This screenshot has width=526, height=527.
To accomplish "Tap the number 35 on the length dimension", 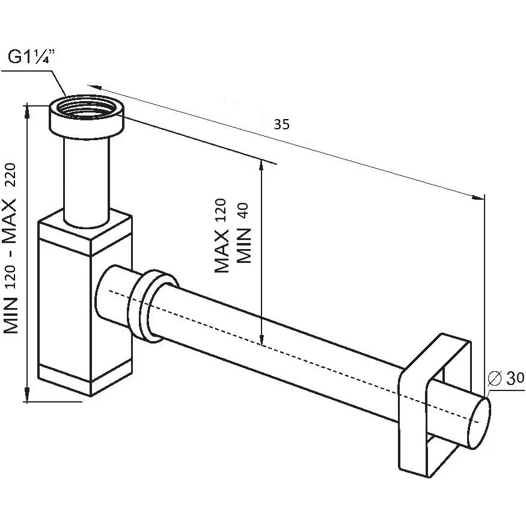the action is [281, 125].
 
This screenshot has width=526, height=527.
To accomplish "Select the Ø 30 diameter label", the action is [506, 378].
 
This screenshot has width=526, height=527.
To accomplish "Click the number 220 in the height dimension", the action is [10, 175].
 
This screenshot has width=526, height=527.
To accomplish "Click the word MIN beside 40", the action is [244, 245].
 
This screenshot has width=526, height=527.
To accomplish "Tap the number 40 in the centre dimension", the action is [244, 211].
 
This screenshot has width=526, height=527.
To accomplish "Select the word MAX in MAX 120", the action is [221, 251].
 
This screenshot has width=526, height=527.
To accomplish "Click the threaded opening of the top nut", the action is [87, 107].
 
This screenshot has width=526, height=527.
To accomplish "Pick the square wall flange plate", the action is [434, 405].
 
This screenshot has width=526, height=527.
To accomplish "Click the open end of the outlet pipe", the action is [479, 423].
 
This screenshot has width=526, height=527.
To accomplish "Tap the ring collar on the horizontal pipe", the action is [153, 306].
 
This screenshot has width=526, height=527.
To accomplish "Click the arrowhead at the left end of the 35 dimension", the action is [94, 87].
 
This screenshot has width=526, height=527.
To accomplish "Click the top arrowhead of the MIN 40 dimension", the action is [261, 167].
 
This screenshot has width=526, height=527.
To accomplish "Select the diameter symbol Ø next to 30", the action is [494, 378].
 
